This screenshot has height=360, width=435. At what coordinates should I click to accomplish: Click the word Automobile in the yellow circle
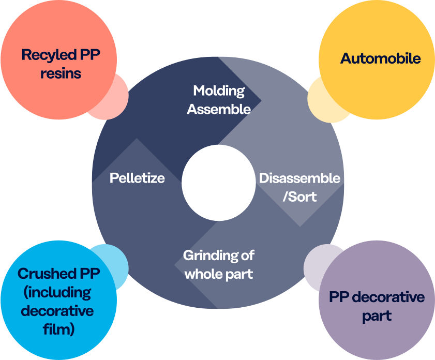tap(380, 58)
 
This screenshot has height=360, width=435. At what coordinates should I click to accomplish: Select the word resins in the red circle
tap(61, 73)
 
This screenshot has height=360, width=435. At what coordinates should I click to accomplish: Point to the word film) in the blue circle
tap(57, 329)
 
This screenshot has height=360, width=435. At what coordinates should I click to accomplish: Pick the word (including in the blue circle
tap(57, 292)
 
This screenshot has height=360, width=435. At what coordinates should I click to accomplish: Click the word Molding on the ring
tap(219, 91)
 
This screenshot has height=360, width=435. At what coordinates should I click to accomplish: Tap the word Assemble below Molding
tap(219, 109)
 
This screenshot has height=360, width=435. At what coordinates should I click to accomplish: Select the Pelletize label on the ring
tap(137, 178)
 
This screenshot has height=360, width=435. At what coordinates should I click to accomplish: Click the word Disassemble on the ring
tap(299, 178)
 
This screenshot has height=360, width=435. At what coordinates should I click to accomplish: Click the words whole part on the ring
tap(219, 274)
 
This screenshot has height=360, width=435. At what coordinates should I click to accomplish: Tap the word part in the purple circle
tap(377, 316)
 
